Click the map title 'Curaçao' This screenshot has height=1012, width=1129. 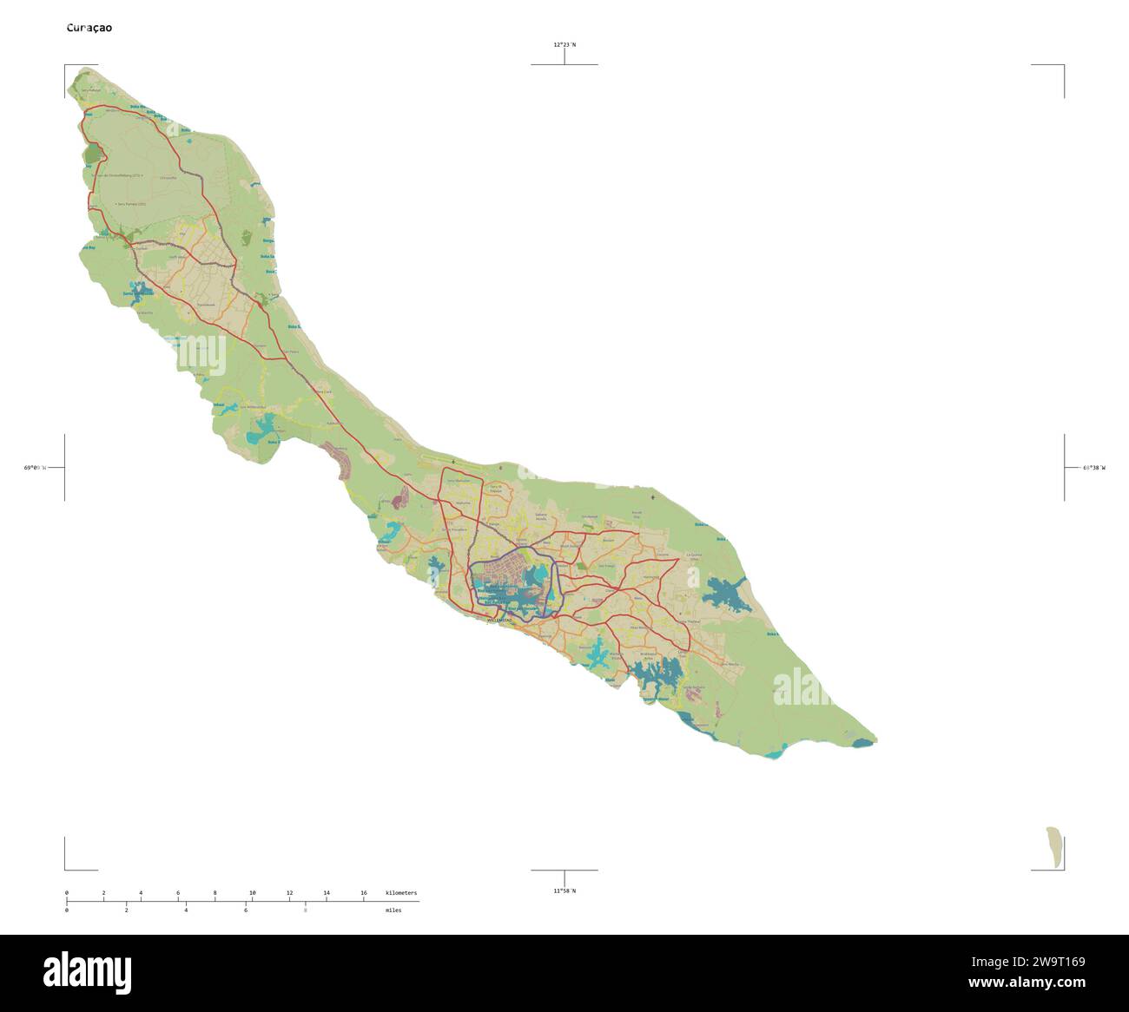click(89, 28)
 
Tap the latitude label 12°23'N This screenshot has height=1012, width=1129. click(564, 44)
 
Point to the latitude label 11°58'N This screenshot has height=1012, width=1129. click(564, 890)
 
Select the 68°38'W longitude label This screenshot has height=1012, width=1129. click(1094, 468)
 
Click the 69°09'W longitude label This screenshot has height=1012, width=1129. click(34, 468)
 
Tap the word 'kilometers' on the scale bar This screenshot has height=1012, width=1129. click(401, 893)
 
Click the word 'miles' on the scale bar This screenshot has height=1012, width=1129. click(393, 910)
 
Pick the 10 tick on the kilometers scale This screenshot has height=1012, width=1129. click(253, 893)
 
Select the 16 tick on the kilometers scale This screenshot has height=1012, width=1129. click(364, 893)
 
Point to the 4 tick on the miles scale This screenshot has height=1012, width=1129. click(186, 910)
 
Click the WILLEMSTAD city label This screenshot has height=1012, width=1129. click(499, 621)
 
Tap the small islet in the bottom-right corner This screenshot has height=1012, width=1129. click(1054, 847)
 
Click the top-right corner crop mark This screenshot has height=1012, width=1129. click(1063, 66)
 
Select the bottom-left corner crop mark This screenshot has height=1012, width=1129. click(66, 868)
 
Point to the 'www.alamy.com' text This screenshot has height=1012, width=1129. click(1027, 983)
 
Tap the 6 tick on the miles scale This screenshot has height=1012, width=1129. click(246, 910)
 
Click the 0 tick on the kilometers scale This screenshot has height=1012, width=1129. click(67, 893)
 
